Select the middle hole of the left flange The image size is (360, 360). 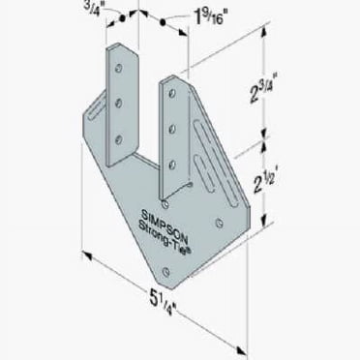[120, 102]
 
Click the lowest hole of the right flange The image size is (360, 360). [171, 182]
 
